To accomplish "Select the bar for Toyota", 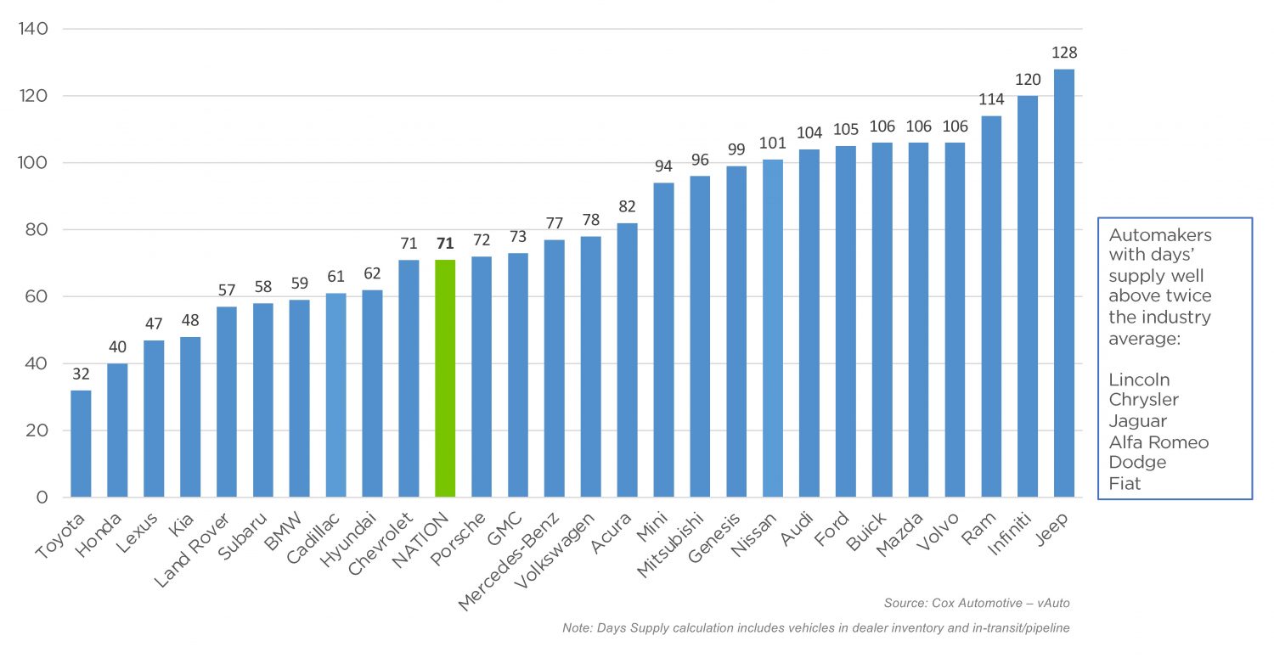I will coord(81,443).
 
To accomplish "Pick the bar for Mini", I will coord(663,340).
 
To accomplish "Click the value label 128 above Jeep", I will coord(1064,53).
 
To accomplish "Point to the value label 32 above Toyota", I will coord(81,374).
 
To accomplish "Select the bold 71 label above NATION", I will coord(445,244).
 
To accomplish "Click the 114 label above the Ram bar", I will coord(991,99).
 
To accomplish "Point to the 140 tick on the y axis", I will coord(33,29).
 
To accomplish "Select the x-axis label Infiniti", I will coord(1012,536).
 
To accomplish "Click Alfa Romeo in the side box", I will coord(1158,441).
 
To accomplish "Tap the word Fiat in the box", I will coord(1125,483).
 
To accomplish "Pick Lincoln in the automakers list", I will coord(1139,380).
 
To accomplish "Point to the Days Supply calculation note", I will coord(815,628).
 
